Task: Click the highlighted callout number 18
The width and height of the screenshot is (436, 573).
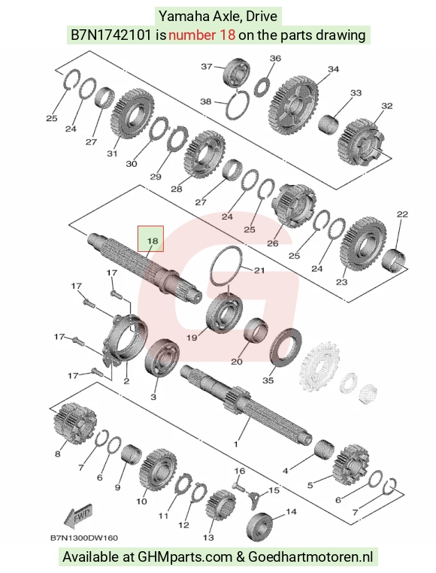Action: tap(152, 241)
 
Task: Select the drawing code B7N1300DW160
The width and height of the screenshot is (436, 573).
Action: tap(83, 538)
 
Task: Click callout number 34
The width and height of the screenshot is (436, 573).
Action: tap(333, 68)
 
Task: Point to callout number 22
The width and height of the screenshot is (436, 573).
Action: tap(402, 214)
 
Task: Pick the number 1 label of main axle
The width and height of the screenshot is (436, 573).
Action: tap(236, 444)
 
